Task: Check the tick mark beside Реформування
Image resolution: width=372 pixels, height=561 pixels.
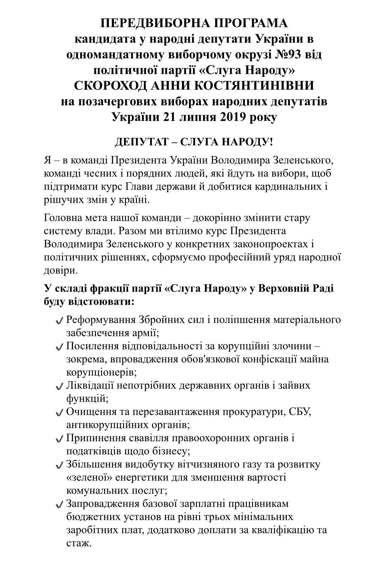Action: pyautogui.click(x=59, y=321)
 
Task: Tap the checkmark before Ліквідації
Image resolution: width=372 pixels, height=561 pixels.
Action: pyautogui.click(x=59, y=386)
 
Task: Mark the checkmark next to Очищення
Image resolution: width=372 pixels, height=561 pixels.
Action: pyautogui.click(x=59, y=413)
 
